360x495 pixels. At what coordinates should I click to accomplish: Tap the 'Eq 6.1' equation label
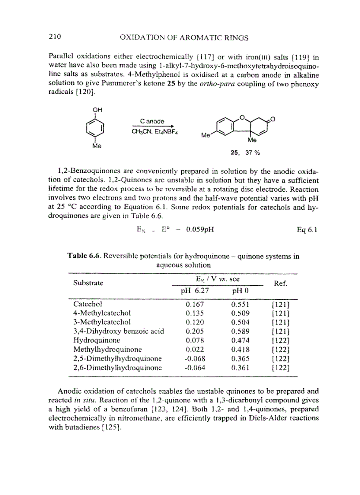pyautogui.click(x=307, y=229)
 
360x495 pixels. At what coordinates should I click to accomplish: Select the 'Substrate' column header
pyautogui.click(x=88, y=283)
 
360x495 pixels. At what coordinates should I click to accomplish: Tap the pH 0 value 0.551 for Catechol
pyautogui.click(x=240, y=304)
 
